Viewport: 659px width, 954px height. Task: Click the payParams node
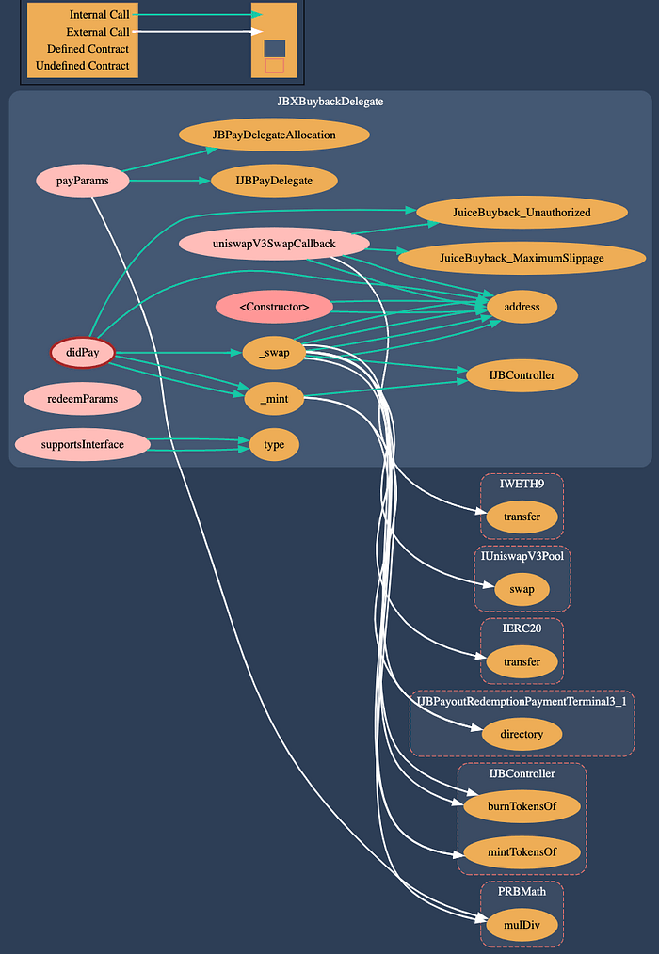[82, 180]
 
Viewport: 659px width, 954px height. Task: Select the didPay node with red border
[82, 353]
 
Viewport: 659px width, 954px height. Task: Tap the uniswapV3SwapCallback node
[274, 245]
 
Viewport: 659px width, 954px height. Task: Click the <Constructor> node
[274, 306]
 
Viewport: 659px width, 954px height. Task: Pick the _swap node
[274, 353]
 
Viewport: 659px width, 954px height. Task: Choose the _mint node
[274, 399]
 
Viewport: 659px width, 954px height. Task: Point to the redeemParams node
[82, 399]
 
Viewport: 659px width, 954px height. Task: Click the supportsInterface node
[82, 444]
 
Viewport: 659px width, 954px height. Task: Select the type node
[274, 444]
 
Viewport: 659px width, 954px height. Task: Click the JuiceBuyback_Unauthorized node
[522, 213]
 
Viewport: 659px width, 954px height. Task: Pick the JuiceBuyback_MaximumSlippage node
[522, 258]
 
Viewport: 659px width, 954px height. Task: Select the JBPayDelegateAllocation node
[274, 135]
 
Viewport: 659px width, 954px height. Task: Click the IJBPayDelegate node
[274, 179]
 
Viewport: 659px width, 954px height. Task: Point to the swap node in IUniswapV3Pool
[522, 590]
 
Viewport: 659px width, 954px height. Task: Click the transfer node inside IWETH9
[522, 517]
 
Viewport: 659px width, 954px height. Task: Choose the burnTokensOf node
[522, 806]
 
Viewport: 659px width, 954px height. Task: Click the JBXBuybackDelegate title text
[329, 101]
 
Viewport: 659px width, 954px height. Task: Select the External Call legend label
[99, 32]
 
